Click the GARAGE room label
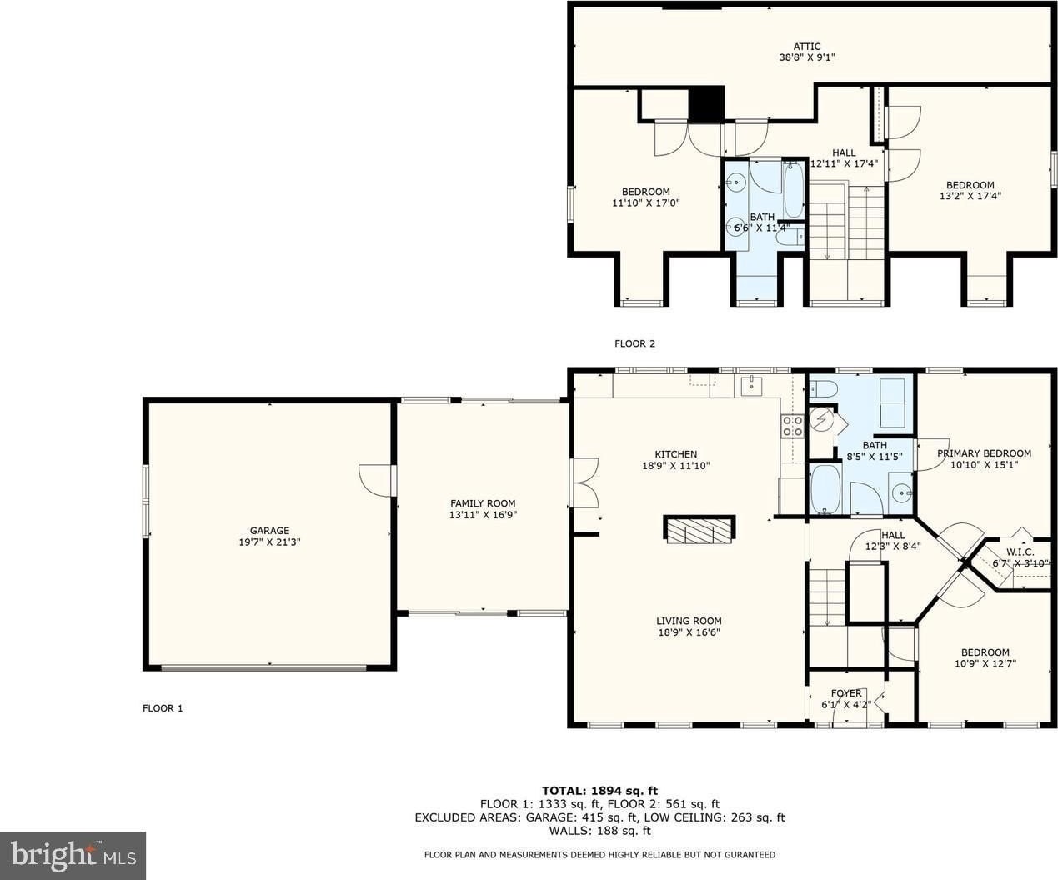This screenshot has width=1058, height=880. pos(269,531)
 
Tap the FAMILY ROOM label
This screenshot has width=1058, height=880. pos(483,503)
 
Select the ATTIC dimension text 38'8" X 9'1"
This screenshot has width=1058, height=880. pos(807,57)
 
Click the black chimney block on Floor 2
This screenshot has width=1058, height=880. pos(706,103)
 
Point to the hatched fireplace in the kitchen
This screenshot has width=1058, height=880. pos(699,530)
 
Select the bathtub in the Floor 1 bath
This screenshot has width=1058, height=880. pos(825,488)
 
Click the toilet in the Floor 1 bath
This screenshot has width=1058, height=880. pos(824,389)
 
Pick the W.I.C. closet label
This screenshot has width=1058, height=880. pos(1020,552)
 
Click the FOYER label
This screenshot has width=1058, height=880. pos(846,693)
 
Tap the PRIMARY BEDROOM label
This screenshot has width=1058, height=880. pos(984,453)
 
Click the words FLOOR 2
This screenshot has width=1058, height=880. pos(635,343)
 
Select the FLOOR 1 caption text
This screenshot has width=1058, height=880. pos(163,708)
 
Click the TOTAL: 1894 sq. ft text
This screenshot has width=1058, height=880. pos(600,790)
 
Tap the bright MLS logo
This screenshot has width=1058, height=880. pos(73,856)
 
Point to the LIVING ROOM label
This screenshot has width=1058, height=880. pos(689,621)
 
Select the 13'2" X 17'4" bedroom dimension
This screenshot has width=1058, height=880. pos(970,196)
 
